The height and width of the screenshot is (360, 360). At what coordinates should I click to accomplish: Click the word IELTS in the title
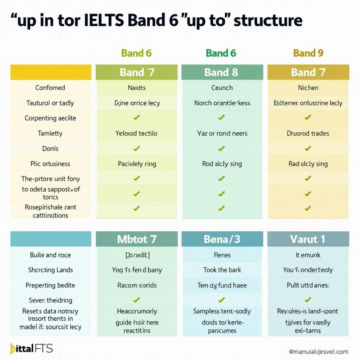tap(102, 21)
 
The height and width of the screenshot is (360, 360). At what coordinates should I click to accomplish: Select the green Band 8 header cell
tap(221, 72)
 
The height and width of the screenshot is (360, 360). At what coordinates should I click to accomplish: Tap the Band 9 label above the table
tap(308, 53)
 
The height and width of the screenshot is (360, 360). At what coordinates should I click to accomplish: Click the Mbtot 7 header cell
tap(137, 239)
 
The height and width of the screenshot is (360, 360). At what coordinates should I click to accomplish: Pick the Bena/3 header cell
tap(221, 239)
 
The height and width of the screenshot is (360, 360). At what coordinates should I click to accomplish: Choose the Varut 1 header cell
tap(308, 239)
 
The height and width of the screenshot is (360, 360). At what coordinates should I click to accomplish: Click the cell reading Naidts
tap(137, 88)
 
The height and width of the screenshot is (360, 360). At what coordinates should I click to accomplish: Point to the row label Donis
tap(50, 148)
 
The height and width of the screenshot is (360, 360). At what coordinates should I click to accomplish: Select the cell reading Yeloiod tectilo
tap(137, 133)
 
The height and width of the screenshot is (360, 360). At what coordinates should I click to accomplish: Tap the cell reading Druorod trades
tap(308, 133)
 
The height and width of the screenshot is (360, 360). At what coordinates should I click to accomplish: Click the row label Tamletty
tap(50, 133)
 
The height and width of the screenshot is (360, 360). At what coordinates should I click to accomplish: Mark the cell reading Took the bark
tap(221, 270)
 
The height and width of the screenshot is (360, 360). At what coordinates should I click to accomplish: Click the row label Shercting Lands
tap(50, 270)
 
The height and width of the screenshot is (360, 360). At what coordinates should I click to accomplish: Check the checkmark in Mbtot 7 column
tap(137, 300)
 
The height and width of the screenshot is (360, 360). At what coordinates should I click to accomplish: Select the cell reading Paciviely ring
tap(137, 164)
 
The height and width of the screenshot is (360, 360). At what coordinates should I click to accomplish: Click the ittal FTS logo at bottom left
tap(31, 348)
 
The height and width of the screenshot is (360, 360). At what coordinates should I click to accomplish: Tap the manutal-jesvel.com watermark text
tap(319, 351)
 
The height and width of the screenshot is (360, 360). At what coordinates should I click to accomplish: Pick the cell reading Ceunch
tap(221, 88)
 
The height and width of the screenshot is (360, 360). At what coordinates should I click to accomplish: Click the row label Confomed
tap(50, 88)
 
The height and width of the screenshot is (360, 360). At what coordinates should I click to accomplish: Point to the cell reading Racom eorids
tap(137, 285)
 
